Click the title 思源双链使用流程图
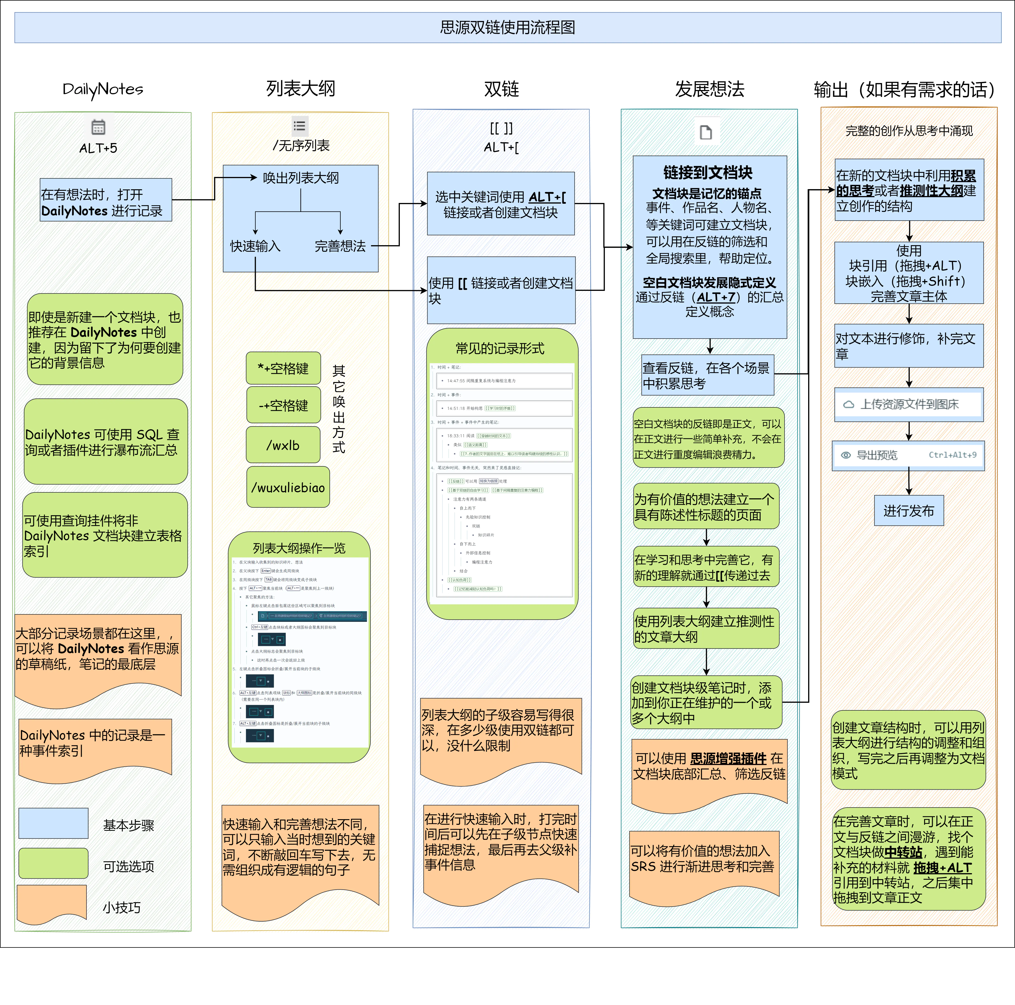pos(507,27)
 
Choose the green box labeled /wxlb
pos(283,445)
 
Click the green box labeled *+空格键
pos(283,368)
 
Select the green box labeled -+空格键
pos(283,405)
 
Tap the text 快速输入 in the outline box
pos(255,246)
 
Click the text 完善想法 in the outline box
pos(340,246)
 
